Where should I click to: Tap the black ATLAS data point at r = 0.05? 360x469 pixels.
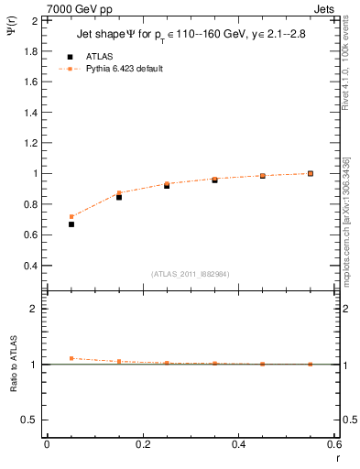tap(71, 224)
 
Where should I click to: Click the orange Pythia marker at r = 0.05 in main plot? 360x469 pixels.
tap(71, 217)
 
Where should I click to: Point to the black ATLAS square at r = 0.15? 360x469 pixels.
tap(119, 197)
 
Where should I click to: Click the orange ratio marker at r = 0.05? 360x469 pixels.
tap(71, 358)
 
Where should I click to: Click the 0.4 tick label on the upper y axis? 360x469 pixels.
tap(32, 266)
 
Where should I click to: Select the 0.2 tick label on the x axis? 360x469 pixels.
tap(142, 444)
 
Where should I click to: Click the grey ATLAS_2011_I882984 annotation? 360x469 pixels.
tap(191, 274)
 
